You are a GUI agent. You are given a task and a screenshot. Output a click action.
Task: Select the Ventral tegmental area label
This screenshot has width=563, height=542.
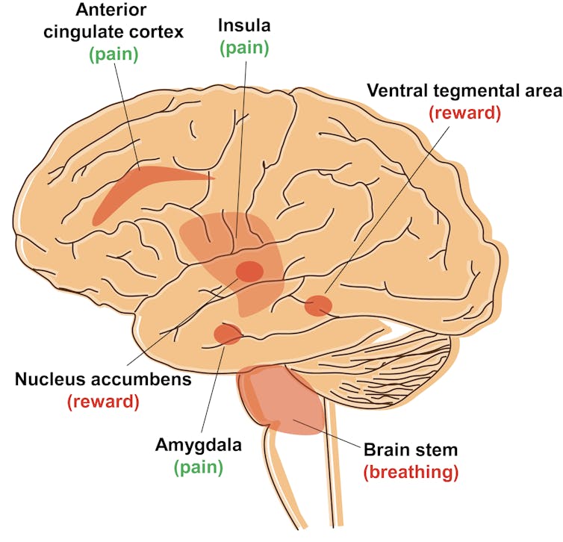click(463, 91)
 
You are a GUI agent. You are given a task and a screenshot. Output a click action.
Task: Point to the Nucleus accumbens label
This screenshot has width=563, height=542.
click(103, 379)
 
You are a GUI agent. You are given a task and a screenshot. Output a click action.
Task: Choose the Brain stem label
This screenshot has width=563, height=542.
click(410, 450)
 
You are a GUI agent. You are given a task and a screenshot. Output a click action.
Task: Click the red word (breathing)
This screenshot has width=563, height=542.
click(411, 472)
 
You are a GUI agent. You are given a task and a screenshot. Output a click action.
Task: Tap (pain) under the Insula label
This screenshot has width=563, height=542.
click(243, 49)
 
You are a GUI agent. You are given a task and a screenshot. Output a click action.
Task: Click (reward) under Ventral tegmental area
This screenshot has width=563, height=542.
click(463, 113)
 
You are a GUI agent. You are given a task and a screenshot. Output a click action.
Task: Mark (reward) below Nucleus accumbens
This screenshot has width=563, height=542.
click(103, 402)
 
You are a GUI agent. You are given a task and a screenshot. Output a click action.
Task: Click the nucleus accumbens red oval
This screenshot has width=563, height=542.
click(249, 272)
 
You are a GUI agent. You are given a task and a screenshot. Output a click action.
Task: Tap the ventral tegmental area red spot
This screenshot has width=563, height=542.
click(319, 305)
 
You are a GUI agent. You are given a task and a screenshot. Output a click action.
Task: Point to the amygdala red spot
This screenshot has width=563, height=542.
click(226, 334)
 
